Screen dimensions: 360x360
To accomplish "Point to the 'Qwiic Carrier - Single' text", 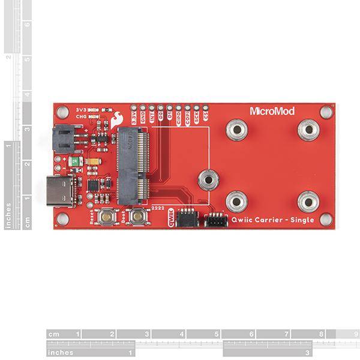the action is pyautogui.click(x=272, y=220).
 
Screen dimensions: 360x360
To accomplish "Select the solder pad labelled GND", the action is pyautogui.click(x=143, y=111).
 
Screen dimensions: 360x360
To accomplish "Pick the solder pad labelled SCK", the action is pyautogui.click(x=196, y=111).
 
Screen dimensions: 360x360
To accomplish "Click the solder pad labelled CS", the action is pyautogui.click(x=206, y=111).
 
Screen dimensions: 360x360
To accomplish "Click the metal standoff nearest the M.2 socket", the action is pyautogui.click(x=208, y=178).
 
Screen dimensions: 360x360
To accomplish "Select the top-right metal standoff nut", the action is pyautogui.click(x=308, y=128).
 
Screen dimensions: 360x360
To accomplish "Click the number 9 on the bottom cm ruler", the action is pyautogui.click(x=355, y=334).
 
